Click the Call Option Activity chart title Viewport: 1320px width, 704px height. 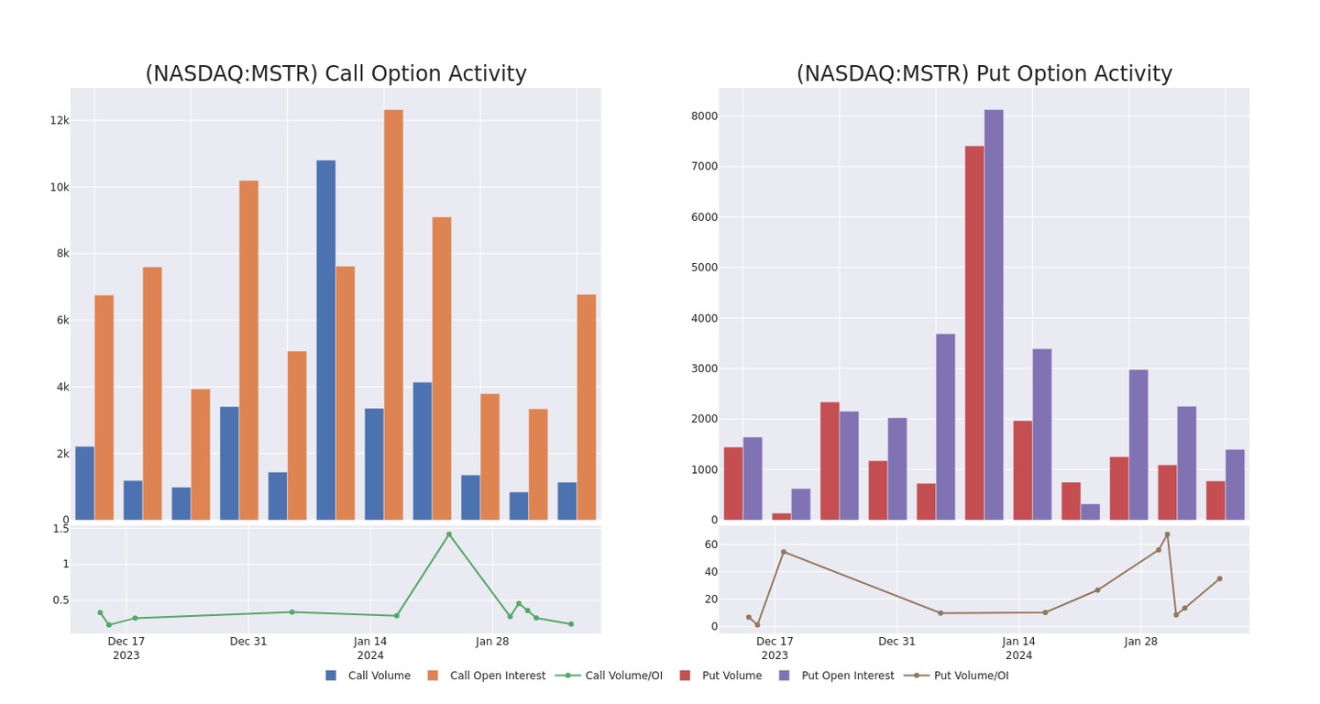click(335, 74)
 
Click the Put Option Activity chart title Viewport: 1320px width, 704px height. click(984, 74)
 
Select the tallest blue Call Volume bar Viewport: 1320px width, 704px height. click(325, 339)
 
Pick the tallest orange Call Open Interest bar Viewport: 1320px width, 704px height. click(393, 314)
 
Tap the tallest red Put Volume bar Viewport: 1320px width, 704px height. click(973, 332)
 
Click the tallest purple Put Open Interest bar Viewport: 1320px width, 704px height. click(994, 314)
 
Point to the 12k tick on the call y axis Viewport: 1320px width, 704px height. click(59, 121)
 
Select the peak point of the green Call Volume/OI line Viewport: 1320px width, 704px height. click(448, 534)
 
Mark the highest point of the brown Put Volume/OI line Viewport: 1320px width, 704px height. click(1167, 534)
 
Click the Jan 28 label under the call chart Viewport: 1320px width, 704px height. click(492, 642)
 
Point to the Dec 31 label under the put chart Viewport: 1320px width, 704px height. click(896, 642)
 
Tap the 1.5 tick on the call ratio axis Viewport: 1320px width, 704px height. click(60, 529)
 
